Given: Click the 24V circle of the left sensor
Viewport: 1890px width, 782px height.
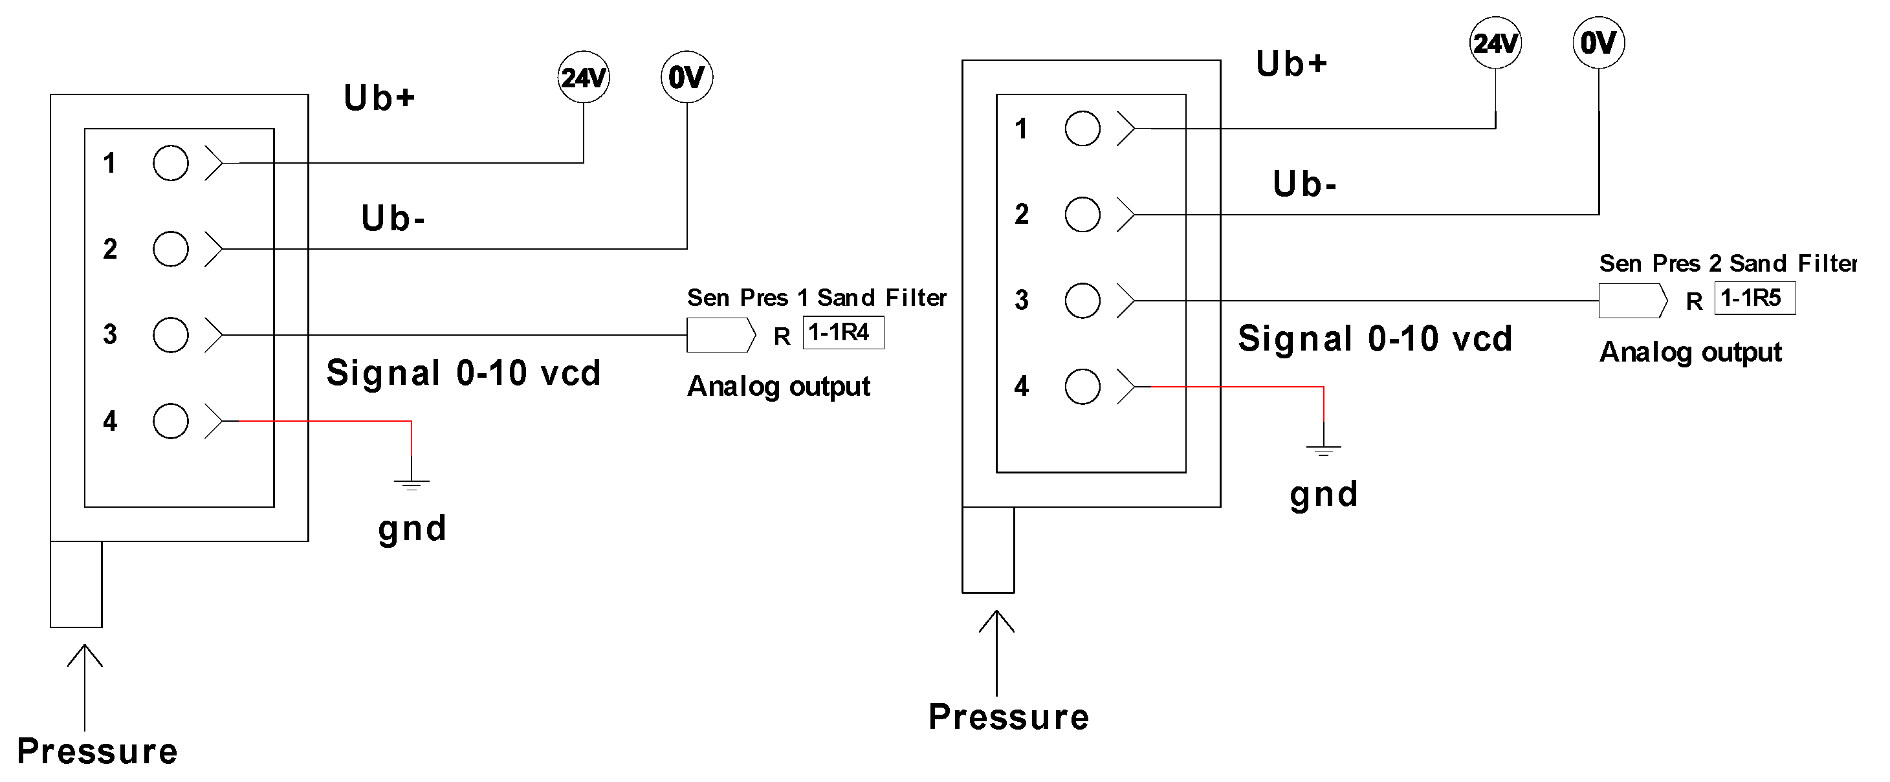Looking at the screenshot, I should pyautogui.click(x=583, y=77).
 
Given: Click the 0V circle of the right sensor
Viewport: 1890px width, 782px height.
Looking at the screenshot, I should pyautogui.click(x=1598, y=43).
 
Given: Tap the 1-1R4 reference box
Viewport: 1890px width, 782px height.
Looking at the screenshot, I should pyautogui.click(x=843, y=332).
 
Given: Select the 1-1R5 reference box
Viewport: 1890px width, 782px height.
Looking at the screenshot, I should pyautogui.click(x=1754, y=298).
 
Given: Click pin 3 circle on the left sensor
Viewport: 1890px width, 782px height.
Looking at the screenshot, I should pyautogui.click(x=170, y=335).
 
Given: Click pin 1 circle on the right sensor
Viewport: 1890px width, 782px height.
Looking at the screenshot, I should pyautogui.click(x=1082, y=129).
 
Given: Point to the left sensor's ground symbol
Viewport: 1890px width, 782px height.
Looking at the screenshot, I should pyautogui.click(x=412, y=483).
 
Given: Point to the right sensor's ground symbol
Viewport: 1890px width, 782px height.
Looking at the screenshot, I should pyautogui.click(x=1323, y=449).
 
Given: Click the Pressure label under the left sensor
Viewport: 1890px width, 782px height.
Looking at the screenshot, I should pyautogui.click(x=98, y=751).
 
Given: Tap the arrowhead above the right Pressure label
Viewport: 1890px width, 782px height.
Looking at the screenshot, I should pyautogui.click(x=996, y=620).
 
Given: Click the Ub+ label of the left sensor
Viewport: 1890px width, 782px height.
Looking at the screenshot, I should pyautogui.click(x=379, y=98).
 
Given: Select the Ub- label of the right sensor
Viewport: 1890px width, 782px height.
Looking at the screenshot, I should pyautogui.click(x=1304, y=184).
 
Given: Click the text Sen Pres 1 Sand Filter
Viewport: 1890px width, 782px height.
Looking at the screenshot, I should pyautogui.click(x=816, y=298).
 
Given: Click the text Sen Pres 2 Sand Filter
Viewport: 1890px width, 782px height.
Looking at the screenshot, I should pyautogui.click(x=1727, y=263).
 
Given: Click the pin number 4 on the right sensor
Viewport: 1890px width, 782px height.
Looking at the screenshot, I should pyautogui.click(x=1021, y=387).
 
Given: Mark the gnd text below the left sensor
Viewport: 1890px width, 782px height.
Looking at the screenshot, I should pyautogui.click(x=412, y=529).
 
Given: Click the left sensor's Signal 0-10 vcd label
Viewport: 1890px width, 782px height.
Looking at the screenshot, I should pyautogui.click(x=464, y=373).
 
